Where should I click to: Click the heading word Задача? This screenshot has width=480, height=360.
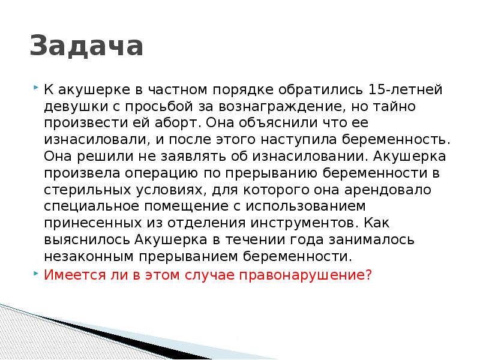coord(86,47)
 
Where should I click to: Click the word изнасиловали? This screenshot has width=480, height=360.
coord(90,140)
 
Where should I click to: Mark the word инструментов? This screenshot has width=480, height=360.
coord(300,223)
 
